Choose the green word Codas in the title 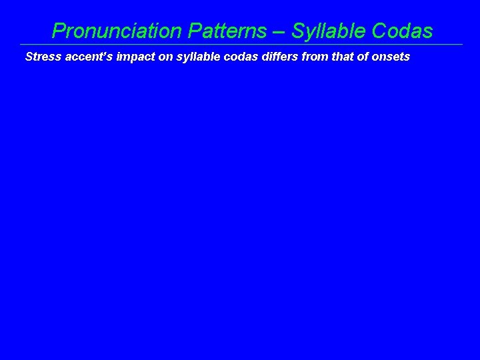(403, 31)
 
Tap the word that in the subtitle (331, 57)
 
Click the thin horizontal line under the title (240, 45)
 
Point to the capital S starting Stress (29, 57)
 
